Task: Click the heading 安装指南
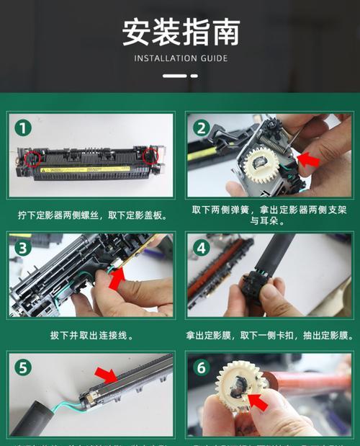[180, 32]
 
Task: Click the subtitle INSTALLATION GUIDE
[180, 58]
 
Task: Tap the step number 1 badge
[24, 128]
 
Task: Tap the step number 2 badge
[202, 128]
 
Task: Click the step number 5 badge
[24, 367]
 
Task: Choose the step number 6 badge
[202, 367]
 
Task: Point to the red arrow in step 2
[308, 160]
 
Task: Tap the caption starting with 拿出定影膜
[269, 335]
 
